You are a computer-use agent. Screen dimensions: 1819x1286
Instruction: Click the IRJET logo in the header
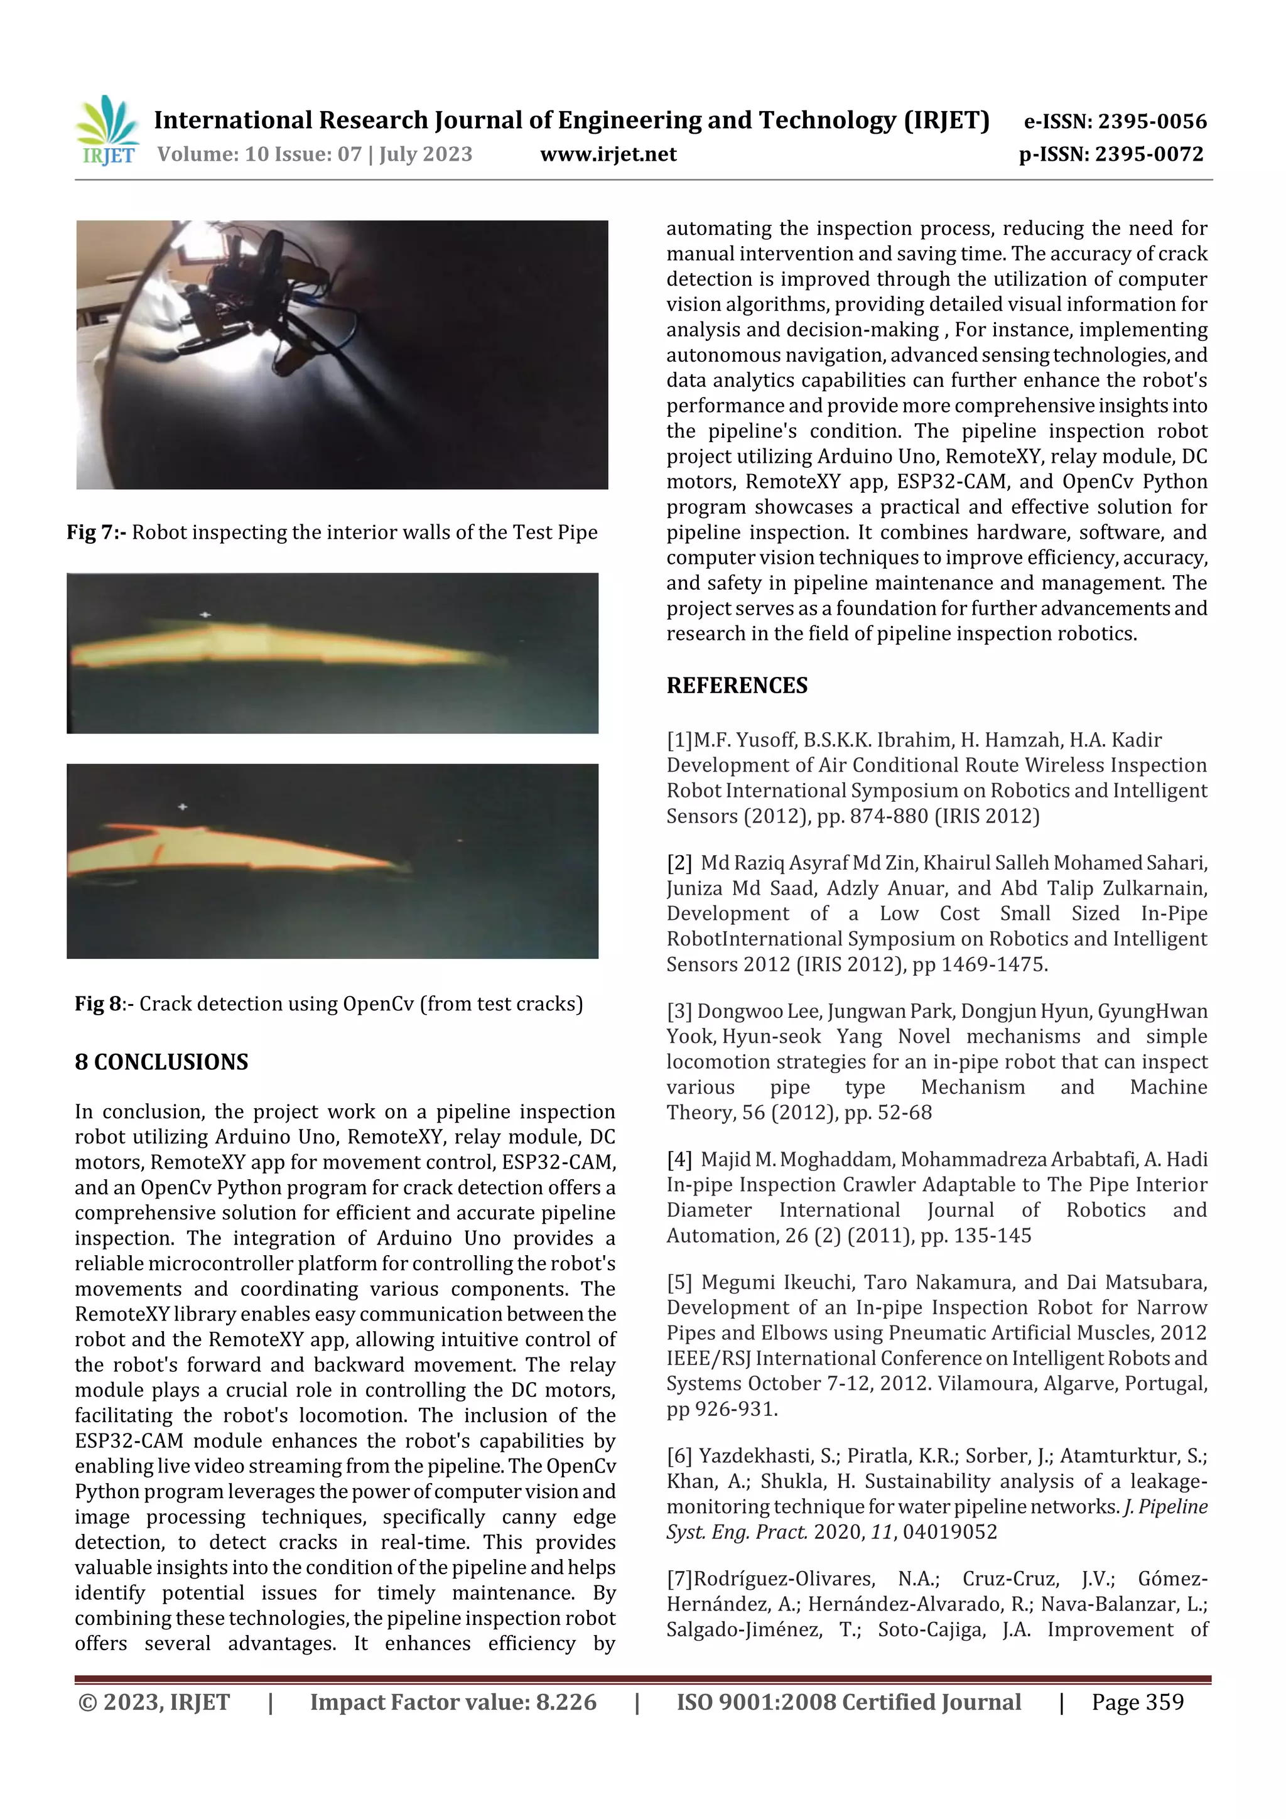107,130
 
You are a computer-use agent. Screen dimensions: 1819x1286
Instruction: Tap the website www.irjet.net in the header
608,154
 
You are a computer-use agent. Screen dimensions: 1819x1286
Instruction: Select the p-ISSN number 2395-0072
1149,154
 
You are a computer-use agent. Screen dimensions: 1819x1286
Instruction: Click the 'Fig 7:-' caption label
96,532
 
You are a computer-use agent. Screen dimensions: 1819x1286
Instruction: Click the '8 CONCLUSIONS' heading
161,1062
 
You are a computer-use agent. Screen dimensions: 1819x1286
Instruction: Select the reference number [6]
679,1456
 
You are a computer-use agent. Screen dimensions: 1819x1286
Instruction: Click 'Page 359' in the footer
1137,1703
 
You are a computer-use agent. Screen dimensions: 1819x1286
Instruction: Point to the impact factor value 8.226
566,1703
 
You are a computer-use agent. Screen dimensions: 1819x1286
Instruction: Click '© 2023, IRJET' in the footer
154,1703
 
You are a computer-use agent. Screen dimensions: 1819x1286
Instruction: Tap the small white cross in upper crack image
205,615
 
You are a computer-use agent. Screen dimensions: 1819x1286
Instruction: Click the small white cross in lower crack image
182,806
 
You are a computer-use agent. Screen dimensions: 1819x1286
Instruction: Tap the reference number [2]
679,863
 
